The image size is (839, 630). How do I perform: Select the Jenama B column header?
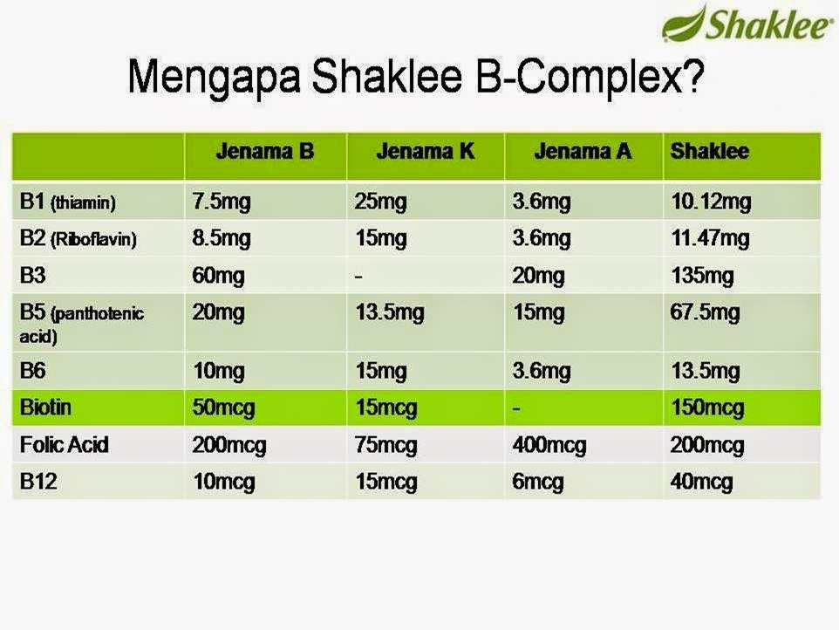(264, 152)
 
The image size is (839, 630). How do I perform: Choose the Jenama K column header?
(426, 152)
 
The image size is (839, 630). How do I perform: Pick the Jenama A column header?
(583, 152)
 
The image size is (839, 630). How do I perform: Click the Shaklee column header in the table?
(709, 152)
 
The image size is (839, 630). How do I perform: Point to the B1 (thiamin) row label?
(67, 203)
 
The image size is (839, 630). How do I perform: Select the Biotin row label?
(45, 407)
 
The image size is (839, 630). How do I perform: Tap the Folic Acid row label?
(64, 445)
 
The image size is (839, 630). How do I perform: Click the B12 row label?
(38, 482)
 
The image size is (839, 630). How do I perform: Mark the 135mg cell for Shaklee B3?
(702, 277)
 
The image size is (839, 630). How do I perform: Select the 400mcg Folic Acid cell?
(549, 445)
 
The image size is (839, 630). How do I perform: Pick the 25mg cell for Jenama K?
(380, 203)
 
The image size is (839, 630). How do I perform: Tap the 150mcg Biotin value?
(707, 407)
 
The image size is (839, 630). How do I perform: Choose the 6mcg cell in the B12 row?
(537, 482)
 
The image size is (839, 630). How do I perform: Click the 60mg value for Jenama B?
(218, 277)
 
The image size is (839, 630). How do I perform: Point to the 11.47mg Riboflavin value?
(710, 239)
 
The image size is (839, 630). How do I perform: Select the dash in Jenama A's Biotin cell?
(516, 407)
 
